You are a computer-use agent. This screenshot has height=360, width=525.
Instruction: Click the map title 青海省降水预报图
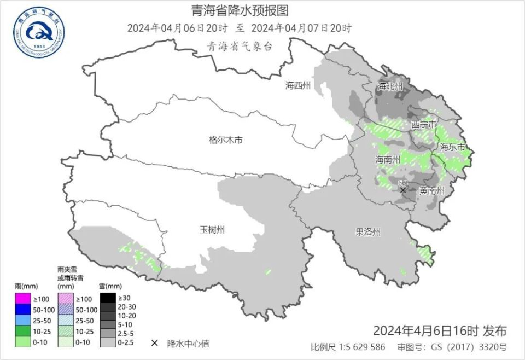click(x=240, y=10)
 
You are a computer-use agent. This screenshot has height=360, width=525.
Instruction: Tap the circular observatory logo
click(x=39, y=32)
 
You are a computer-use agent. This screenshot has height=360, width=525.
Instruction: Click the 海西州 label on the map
click(x=298, y=85)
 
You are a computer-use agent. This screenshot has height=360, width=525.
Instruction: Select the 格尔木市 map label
click(x=226, y=140)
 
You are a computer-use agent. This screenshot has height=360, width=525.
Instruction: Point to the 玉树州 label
click(x=212, y=230)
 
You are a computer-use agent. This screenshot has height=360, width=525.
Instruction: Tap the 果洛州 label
click(x=367, y=232)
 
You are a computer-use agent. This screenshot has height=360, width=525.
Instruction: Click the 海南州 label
click(x=388, y=160)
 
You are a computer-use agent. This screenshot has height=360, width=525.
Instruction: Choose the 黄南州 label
click(x=431, y=191)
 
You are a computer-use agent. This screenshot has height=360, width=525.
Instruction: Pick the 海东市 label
click(x=453, y=147)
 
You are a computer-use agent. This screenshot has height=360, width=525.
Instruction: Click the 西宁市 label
click(x=424, y=125)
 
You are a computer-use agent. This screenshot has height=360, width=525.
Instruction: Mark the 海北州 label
click(x=390, y=86)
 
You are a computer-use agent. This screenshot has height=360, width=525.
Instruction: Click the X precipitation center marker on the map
click(x=403, y=190)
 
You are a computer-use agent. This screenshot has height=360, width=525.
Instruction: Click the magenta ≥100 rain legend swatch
click(x=22, y=299)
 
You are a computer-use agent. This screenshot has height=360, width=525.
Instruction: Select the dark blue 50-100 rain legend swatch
click(x=22, y=310)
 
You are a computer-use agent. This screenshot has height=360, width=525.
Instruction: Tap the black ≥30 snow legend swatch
click(x=107, y=299)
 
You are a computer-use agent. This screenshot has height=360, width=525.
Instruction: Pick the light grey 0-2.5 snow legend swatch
click(x=107, y=343)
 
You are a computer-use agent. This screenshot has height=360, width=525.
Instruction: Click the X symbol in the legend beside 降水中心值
click(x=155, y=344)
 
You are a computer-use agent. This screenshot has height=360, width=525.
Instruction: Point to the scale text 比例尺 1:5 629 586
click(x=348, y=347)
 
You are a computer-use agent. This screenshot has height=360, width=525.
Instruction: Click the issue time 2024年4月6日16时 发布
click(x=440, y=331)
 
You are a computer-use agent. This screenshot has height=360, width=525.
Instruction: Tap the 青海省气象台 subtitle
click(x=240, y=47)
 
